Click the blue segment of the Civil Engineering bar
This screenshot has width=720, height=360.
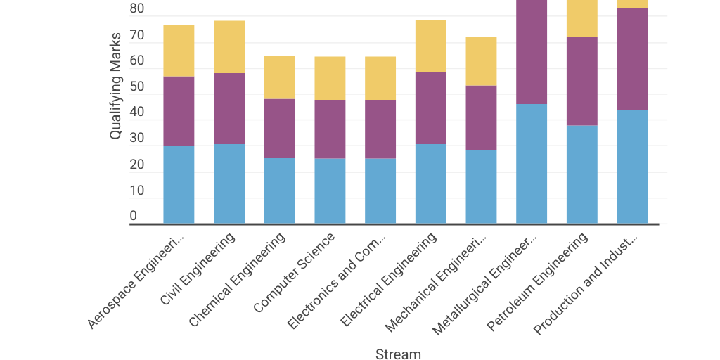229,184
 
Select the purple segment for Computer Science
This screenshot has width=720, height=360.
330,129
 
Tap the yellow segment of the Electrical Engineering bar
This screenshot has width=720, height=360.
430,46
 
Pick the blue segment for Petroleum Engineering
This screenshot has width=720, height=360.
581,174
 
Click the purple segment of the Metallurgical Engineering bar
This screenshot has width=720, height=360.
532,52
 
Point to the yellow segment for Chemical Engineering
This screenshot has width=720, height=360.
279,77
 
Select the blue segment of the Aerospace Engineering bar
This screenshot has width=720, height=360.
179,184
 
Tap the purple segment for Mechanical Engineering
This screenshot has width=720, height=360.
481,117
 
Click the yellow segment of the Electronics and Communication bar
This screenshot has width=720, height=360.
380,78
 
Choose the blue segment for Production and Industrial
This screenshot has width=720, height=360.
632,167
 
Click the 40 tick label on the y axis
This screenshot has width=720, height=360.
137,112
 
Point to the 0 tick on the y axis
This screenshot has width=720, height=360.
134,217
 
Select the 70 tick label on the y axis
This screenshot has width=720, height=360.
137,35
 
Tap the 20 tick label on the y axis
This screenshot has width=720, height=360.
137,165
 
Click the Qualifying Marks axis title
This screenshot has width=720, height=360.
116,85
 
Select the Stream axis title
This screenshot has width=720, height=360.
398,354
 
